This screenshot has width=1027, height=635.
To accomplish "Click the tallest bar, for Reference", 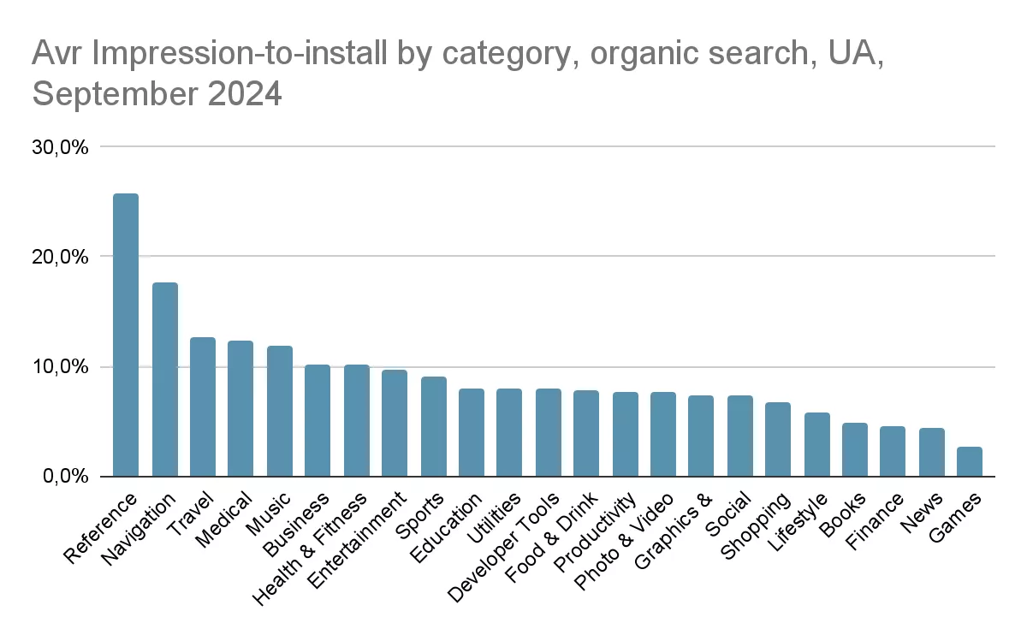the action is pyautogui.click(x=126, y=335).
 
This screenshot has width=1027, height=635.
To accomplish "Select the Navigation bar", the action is pyautogui.click(x=165, y=379).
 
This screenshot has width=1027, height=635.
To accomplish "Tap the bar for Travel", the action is pyautogui.click(x=203, y=407).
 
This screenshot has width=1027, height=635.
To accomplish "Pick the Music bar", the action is pyautogui.click(x=280, y=411).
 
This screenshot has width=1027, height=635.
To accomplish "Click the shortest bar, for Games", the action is pyautogui.click(x=969, y=461).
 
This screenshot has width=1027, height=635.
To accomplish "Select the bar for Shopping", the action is pyautogui.click(x=778, y=439).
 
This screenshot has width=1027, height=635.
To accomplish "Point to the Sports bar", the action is pyautogui.click(x=434, y=426).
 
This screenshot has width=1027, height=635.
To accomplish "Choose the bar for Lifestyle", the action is pyautogui.click(x=817, y=444).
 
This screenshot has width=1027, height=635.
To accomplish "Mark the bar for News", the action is pyautogui.click(x=932, y=452).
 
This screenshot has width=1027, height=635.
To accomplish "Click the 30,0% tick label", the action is pyautogui.click(x=60, y=147).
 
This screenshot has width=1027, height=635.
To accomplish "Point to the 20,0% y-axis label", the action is pyautogui.click(x=60, y=257).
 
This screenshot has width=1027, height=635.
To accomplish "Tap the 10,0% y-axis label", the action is pyautogui.click(x=60, y=367).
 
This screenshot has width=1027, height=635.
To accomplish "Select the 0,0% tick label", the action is pyautogui.click(x=66, y=476).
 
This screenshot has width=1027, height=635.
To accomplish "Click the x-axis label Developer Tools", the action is pyautogui.click(x=503, y=548).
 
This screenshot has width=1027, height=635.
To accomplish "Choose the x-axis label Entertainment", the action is pyautogui.click(x=357, y=540).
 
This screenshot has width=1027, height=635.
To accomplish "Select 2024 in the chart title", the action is pyautogui.click(x=245, y=93).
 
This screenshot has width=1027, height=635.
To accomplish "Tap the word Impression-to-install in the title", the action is pyautogui.click(x=240, y=53).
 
